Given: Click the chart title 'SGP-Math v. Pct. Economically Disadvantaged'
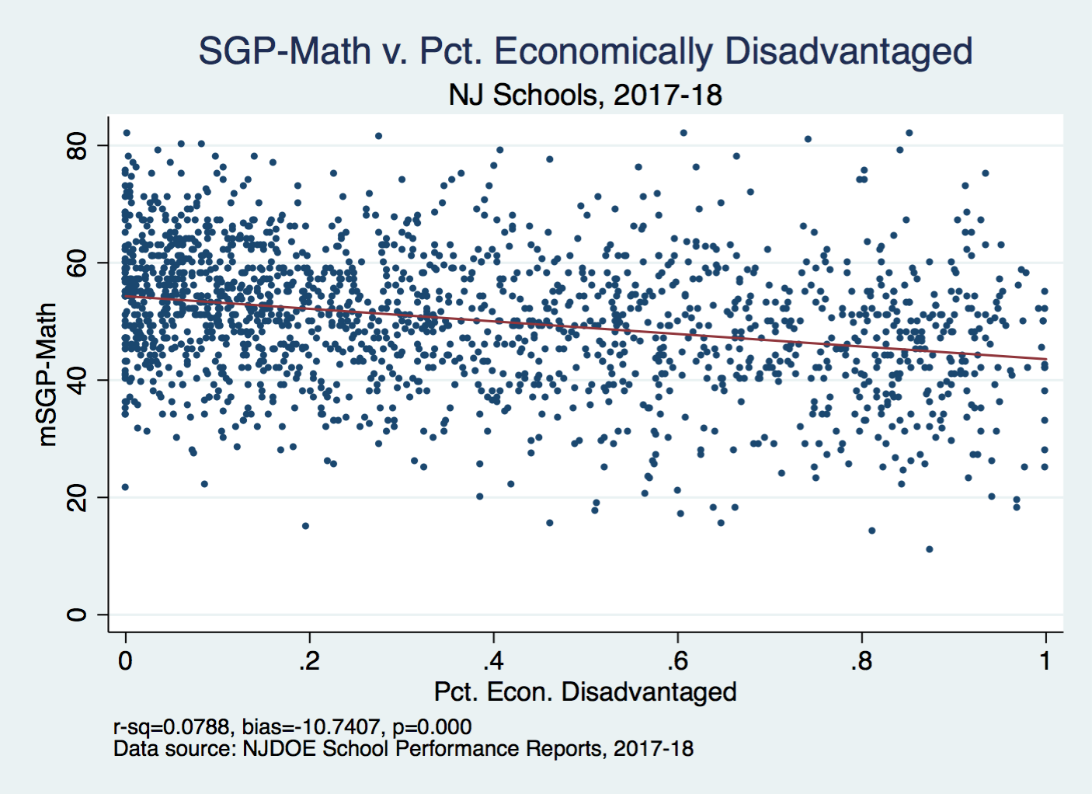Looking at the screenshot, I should tap(585, 52).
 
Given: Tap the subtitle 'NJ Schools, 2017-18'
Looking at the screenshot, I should tap(585, 95).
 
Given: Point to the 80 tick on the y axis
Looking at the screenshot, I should tap(77, 145).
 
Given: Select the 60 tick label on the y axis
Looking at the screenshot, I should tap(77, 263).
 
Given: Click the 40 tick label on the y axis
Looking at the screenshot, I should tap(77, 380).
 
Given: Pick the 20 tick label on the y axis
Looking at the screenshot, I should tap(77, 497).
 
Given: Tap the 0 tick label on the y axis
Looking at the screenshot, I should tap(77, 615).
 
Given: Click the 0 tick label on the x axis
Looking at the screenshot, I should tap(125, 661).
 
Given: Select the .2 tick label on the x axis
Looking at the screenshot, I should tap(309, 661).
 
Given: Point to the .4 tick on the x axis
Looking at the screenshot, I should tap(493, 661).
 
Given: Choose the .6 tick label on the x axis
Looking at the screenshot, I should tap(677, 661).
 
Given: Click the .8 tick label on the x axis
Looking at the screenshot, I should tap(861, 661).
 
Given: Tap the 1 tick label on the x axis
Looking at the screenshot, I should tap(1045, 661).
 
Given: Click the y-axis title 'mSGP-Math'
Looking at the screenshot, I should tap(47, 374).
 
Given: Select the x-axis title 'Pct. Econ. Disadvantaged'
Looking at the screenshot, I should tap(585, 691).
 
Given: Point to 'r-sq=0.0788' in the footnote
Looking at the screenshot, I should tap(172, 727).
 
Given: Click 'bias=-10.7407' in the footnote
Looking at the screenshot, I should tap(311, 727).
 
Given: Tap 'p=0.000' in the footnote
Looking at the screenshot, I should tap(432, 727).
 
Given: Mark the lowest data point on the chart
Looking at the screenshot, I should tap(929, 549).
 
